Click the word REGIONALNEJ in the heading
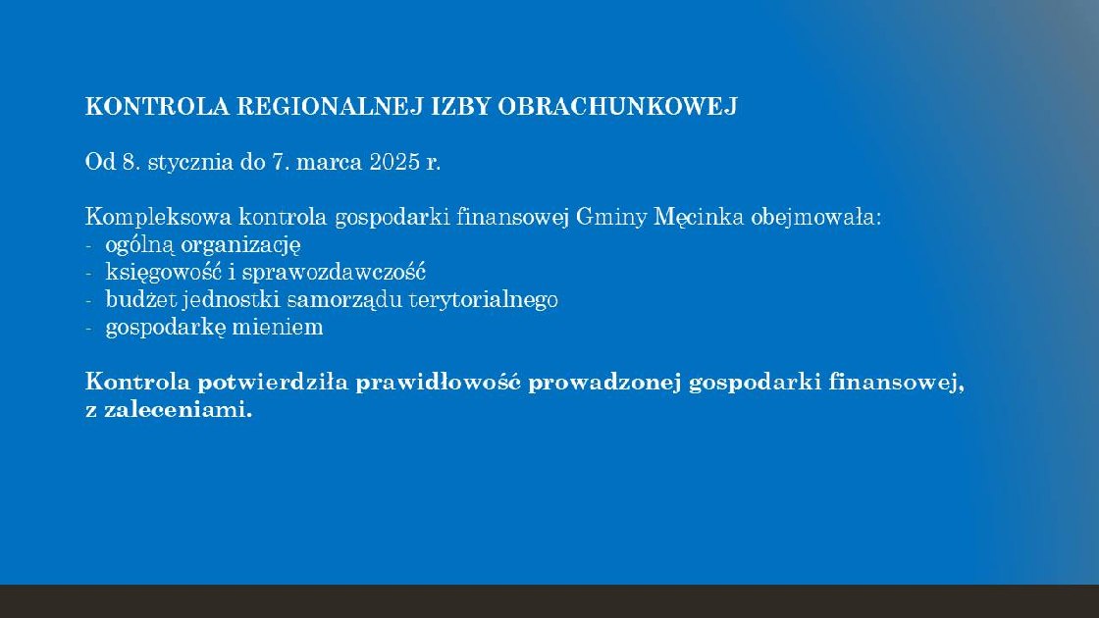click(330, 107)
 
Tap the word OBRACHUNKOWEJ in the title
click(617, 107)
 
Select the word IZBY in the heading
click(460, 107)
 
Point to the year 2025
click(394, 162)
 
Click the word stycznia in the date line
click(190, 163)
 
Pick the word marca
click(329, 163)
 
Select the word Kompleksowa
click(158, 218)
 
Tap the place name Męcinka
click(698, 218)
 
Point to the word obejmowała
click(815, 217)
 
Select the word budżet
click(140, 299)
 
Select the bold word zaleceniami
click(178, 409)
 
